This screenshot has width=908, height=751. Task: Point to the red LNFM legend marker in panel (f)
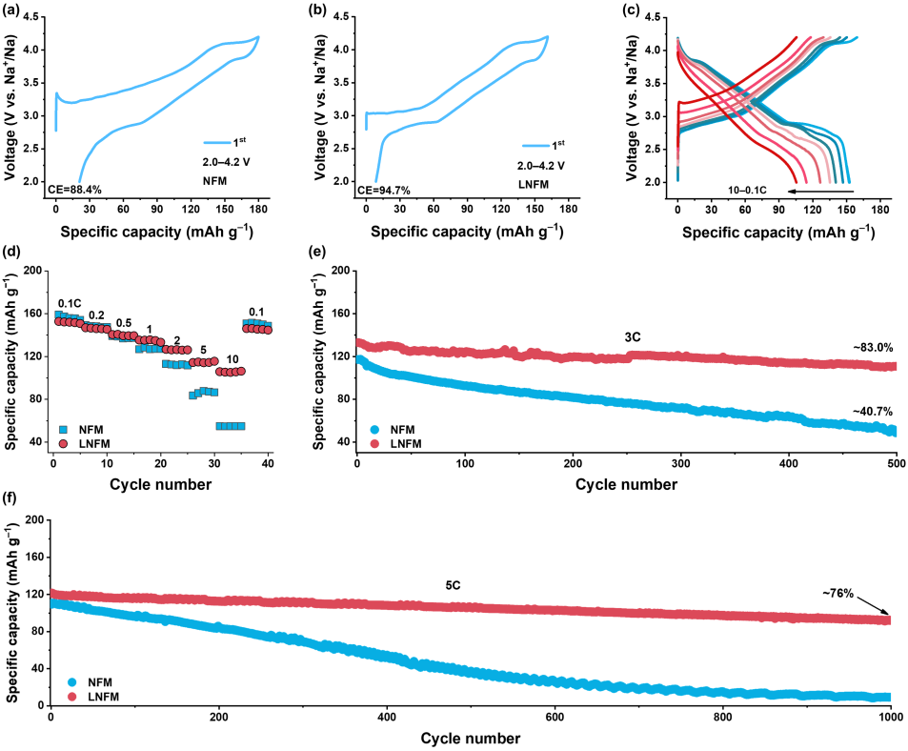pos(71,697)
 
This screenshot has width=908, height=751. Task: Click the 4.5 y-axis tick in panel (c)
pos(658,16)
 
